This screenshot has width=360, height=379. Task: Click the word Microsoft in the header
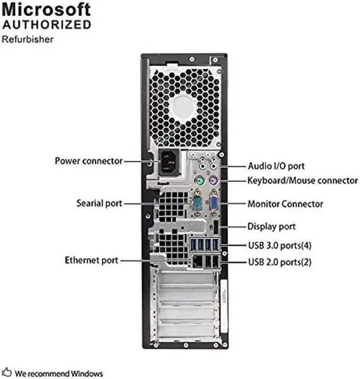47,10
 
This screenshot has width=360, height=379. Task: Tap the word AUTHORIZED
47,24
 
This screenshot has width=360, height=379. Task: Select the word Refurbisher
28,39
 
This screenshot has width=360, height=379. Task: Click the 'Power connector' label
88,161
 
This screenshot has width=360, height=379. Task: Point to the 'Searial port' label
99,203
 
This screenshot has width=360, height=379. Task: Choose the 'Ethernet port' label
91,260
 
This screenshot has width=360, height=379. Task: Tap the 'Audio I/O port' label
276,166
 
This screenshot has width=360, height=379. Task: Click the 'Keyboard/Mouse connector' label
302,181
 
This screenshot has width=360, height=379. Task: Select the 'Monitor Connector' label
285,204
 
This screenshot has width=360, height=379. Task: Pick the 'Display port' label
271,227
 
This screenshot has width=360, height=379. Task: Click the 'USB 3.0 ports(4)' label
280,246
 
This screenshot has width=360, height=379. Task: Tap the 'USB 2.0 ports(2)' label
280,262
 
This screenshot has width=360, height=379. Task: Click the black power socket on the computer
168,163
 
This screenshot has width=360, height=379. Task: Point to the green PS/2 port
198,181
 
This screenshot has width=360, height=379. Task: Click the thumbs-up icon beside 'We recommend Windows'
8,373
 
